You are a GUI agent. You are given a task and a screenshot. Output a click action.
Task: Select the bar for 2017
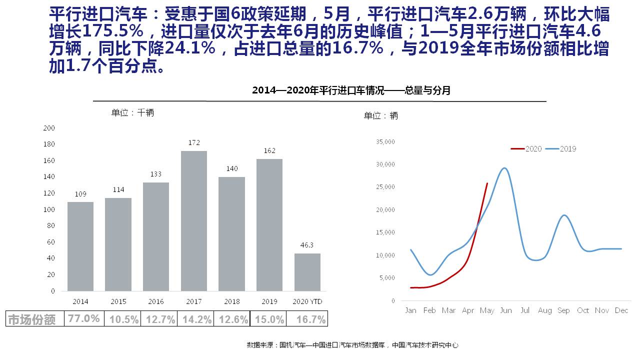pos(193,220)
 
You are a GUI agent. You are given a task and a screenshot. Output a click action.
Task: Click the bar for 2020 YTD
pos(307,272)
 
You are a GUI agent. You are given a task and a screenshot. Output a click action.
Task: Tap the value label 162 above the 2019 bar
pos(269,150)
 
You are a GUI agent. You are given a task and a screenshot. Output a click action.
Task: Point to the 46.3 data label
pos(307,245)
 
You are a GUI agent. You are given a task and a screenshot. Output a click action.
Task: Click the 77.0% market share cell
pos(84,318)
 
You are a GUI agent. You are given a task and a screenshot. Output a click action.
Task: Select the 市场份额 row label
pos(32,319)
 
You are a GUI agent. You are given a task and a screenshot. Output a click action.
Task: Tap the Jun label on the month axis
pos(506,310)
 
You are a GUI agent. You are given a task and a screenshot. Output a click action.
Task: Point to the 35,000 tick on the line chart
pos(385,142)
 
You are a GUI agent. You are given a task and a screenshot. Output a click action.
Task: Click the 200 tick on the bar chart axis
pos(49,128)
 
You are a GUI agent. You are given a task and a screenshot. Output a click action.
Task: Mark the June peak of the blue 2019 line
pos(505,168)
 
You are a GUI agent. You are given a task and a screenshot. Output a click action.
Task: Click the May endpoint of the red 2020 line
pos(487,183)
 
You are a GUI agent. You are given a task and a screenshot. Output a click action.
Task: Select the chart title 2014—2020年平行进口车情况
pos(351,90)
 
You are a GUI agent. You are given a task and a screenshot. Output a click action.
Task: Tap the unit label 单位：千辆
pos(132,113)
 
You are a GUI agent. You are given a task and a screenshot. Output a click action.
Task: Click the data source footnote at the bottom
pos(352,345)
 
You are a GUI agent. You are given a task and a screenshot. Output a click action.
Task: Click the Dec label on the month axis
pos(621,310)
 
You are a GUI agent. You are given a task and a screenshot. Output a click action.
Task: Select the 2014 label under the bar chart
pos(80,301)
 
